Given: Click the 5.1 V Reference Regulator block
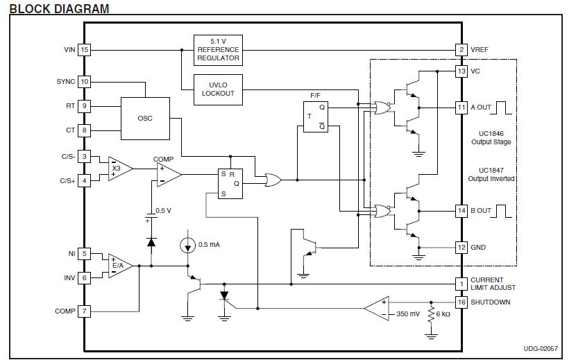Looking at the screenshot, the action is click(218, 51).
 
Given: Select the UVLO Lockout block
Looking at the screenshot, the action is click(218, 89).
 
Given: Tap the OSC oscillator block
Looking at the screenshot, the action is click(145, 119).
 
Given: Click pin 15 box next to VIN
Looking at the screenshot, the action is click(85, 49).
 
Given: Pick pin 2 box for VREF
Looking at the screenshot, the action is click(461, 49).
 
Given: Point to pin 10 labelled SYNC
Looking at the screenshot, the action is click(85, 82).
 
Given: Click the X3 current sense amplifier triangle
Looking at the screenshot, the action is click(121, 169).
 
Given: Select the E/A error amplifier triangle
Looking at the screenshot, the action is click(121, 266).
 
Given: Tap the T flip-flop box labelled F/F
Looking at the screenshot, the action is click(316, 117).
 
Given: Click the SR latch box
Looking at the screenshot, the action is click(230, 184).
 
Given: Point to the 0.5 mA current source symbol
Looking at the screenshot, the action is click(187, 245).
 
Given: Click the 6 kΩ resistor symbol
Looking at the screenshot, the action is click(431, 315).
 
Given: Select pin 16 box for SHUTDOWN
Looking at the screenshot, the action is click(461, 302).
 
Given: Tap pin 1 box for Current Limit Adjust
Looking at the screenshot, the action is click(461, 284).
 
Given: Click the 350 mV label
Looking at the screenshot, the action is click(408, 314).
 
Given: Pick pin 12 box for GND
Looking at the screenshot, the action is click(461, 247).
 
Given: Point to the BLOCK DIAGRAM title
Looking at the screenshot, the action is click(59, 8).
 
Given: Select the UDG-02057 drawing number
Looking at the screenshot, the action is click(541, 348).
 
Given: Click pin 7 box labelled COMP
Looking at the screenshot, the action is click(85, 311).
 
